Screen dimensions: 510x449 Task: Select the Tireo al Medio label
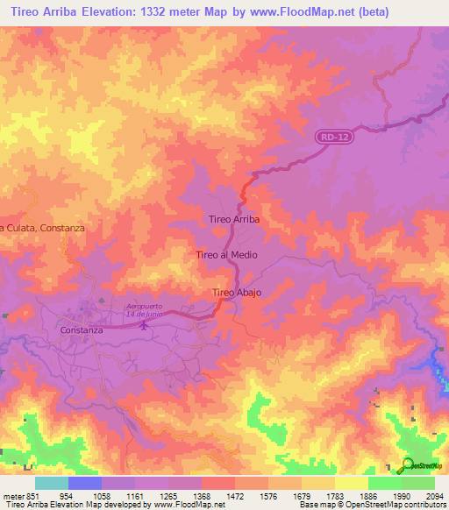(226, 255)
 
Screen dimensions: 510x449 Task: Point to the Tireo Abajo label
(237, 292)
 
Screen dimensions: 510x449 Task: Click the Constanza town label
(82, 330)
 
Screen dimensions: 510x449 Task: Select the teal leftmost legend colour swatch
(52, 483)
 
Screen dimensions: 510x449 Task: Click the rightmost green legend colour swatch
(418, 483)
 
